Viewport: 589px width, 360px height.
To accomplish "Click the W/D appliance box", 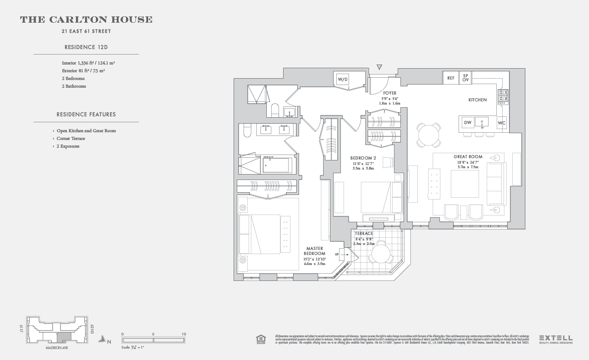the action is click(342, 79).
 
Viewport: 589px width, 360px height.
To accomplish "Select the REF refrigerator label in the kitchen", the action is click(451, 78).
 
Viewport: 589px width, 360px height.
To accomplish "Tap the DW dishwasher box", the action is click(468, 122).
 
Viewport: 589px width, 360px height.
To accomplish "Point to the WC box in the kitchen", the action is click(501, 123).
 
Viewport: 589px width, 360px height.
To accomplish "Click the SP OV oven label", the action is click(466, 78).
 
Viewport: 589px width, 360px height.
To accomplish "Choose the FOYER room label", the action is click(389, 93).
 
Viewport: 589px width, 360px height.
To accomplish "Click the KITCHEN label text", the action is click(477, 100).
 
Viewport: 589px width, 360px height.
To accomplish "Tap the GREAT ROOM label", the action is click(468, 157).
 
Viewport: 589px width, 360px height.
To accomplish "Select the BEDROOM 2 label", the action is click(363, 158).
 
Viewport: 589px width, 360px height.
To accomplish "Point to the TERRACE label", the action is click(364, 234).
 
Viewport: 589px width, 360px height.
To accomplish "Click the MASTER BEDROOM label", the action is click(315, 251).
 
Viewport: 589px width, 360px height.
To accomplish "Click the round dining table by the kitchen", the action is click(429, 135).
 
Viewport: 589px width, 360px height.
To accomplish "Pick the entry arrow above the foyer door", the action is click(379, 67).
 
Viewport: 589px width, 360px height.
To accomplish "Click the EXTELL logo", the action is click(555, 339).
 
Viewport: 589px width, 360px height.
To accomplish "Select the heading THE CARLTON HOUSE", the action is click(86, 20).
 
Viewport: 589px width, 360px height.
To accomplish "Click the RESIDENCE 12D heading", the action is click(86, 47).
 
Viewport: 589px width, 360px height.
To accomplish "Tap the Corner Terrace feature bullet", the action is click(70, 139).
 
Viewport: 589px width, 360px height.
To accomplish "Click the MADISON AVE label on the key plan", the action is click(57, 348).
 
